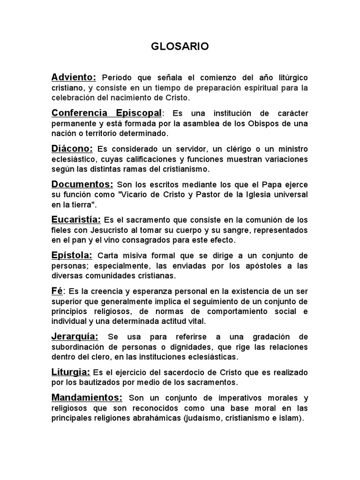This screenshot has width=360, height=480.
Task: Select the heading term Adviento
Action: pos(74,77)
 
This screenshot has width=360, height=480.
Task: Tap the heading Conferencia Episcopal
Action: pos(106,113)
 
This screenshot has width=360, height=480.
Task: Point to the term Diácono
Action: pos(72,149)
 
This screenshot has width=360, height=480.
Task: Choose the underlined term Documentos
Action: pos(82,184)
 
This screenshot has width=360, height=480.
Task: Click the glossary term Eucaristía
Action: pos(76,219)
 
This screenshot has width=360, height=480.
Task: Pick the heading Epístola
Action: pos(72,255)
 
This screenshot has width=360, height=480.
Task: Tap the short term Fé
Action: pos(57,291)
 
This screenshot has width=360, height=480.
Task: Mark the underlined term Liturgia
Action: pos(71,372)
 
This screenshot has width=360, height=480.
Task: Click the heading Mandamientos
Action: pos(87,397)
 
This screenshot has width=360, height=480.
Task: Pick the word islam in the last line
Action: pos(293,418)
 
